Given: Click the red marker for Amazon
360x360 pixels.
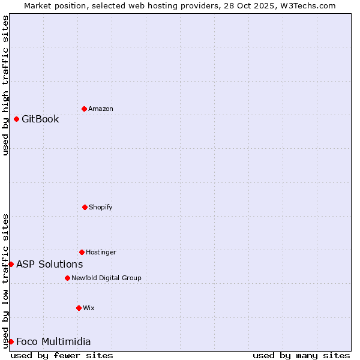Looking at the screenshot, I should tap(84, 109).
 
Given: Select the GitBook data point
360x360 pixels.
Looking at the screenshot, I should tap(16, 119).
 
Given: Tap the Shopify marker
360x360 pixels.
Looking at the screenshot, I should tap(85, 207).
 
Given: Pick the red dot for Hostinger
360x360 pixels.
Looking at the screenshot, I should tap(82, 252).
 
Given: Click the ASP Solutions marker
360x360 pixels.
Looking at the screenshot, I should tap(11, 264).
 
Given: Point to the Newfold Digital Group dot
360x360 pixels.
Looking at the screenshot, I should tap(67, 278).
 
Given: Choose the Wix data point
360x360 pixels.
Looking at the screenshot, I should tap(79, 308).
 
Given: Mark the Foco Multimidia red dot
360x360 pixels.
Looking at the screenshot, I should tap(11, 341).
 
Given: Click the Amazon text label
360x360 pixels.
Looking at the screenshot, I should tap(101, 109).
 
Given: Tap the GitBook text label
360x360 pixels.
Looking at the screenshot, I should tap(40, 119).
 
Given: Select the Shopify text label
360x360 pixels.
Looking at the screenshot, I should tap(101, 207).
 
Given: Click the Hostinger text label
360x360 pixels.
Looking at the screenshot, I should tap(101, 252).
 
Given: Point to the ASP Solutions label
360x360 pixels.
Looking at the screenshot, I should tap(49, 264).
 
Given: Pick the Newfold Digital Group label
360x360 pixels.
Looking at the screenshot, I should tap(106, 278).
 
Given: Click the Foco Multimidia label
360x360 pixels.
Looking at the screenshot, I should tap(53, 341).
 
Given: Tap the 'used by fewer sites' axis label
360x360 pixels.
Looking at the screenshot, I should tap(62, 355).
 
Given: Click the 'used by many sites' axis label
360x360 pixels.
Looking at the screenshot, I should tap(301, 355).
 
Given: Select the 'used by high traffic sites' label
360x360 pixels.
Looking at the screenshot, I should tap(5, 85).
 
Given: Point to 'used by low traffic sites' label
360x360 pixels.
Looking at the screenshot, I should tap(5, 281).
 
